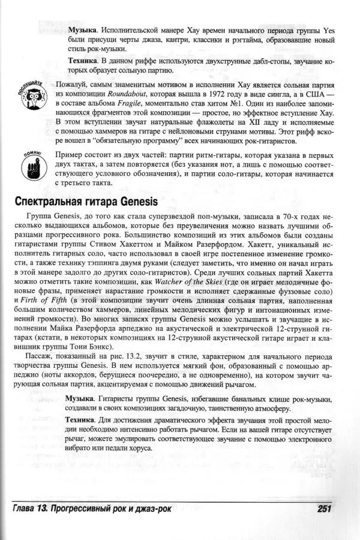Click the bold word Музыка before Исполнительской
tap(83, 29)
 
